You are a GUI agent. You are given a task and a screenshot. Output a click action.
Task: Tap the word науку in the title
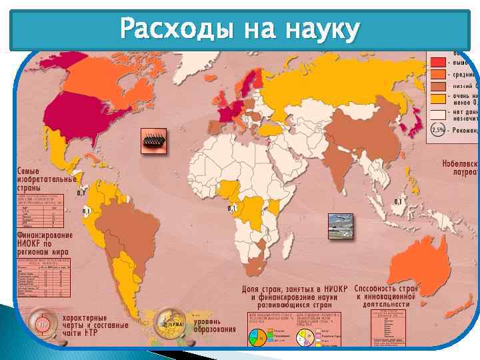pos(322,30)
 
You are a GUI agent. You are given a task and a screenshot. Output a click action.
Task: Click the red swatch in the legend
pos(438,62)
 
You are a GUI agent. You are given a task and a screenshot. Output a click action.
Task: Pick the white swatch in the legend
pos(438,114)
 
